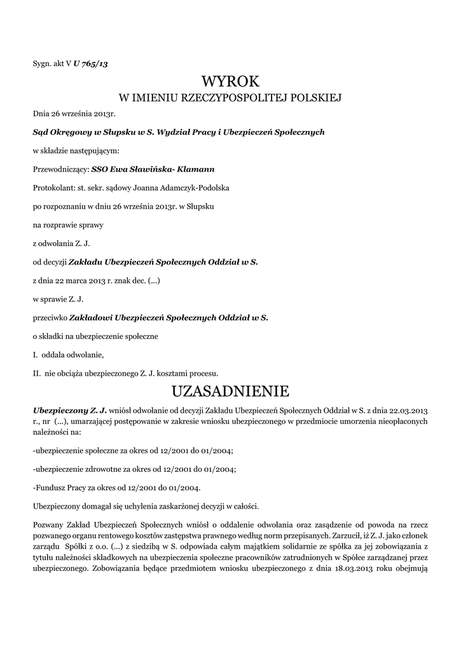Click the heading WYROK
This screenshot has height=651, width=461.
click(231, 81)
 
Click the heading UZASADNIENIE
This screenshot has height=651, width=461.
click(231, 390)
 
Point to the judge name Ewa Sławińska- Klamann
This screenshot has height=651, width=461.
click(162, 169)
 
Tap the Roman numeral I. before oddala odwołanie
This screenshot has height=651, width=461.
click(36, 354)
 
